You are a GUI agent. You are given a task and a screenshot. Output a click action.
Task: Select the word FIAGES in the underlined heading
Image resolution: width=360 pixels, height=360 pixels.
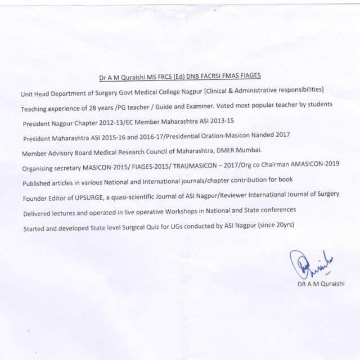coord(249,75)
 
